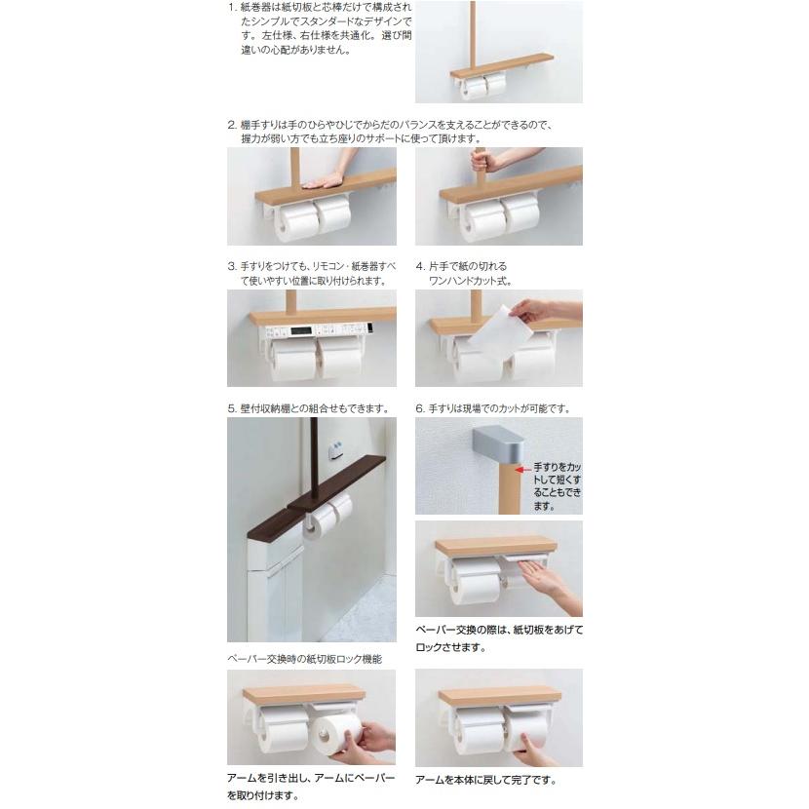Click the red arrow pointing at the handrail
click(522, 470)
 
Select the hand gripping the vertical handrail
click(486, 162)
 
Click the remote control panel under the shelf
click(319, 330)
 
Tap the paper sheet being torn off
click(499, 329)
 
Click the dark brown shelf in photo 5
click(317, 495)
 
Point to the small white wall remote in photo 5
click(336, 449)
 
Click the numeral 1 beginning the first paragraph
click(231, 8)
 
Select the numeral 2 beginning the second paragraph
click(231, 125)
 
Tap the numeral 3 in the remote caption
click(231, 266)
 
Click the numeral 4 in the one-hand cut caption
click(419, 266)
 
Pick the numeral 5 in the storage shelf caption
click(231, 408)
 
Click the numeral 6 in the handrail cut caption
click(419, 408)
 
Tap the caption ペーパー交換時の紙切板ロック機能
click(305, 659)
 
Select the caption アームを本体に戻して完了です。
click(486, 780)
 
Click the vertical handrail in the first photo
click(473, 35)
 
